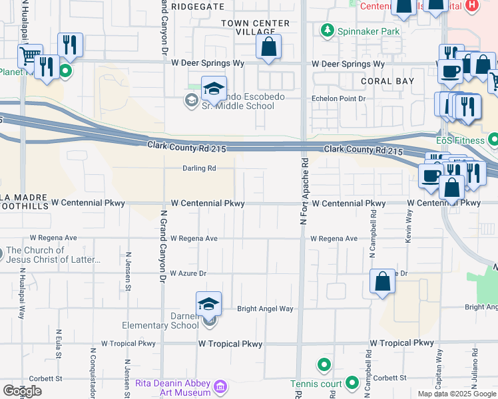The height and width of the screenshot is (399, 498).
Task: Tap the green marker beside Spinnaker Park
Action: coord(327,31)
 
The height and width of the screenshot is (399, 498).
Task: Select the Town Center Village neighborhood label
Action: coord(256,28)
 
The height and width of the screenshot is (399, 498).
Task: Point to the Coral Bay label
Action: coord(387,81)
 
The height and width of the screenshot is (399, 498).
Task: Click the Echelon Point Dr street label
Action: coord(340,98)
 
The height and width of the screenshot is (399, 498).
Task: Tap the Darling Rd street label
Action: coord(200,168)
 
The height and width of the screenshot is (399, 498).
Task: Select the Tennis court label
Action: coord(315,384)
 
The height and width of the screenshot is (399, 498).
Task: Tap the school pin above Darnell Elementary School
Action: coord(208,305)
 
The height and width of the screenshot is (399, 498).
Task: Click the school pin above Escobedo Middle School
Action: coord(214,88)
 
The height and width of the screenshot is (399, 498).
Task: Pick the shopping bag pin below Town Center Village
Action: coord(268,47)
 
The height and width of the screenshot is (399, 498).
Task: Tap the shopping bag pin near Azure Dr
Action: coord(383,281)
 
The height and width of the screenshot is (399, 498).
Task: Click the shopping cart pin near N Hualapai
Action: coord(29,57)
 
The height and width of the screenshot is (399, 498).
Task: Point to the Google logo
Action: coord(22,391)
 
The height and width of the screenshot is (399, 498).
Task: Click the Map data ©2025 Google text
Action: coord(456,394)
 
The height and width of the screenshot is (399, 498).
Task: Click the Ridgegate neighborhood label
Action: coord(198,5)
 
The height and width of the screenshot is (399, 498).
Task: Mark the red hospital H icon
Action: coord(472,5)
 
